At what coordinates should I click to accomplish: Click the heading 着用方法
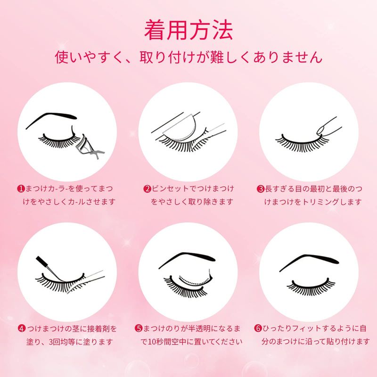(x=188, y=30)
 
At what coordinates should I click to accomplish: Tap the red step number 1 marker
(x=21, y=188)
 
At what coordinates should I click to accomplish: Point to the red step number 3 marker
(x=261, y=189)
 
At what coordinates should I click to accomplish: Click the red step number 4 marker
(x=22, y=328)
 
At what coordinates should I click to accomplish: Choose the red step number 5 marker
(x=139, y=328)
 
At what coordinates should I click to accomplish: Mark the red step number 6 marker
(x=258, y=328)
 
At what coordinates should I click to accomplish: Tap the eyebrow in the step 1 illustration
(x=51, y=120)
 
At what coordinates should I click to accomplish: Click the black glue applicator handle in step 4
(x=42, y=262)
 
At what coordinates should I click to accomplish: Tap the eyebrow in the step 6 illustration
(x=309, y=262)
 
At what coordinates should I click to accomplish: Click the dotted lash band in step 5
(x=194, y=281)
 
